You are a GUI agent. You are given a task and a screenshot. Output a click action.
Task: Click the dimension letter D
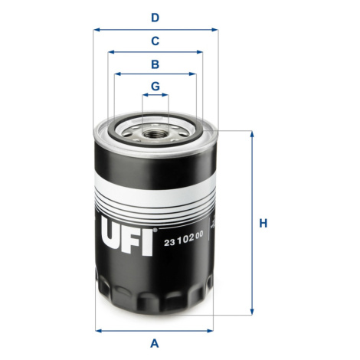click(x=155, y=18)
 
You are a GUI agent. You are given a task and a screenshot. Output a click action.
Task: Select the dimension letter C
click(x=155, y=41)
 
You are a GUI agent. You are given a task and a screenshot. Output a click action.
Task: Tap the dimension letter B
click(x=155, y=64)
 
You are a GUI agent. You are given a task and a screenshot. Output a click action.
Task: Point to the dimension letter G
click(x=155, y=87)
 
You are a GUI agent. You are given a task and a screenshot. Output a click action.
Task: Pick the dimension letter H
click(x=263, y=224)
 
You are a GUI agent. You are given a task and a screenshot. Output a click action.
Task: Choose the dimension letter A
click(x=155, y=343)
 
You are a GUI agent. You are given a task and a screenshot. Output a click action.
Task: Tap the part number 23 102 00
click(x=184, y=238)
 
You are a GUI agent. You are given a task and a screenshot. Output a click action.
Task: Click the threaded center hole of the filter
click(x=155, y=133)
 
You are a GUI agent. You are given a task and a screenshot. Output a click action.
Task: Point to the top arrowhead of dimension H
click(x=252, y=135)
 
